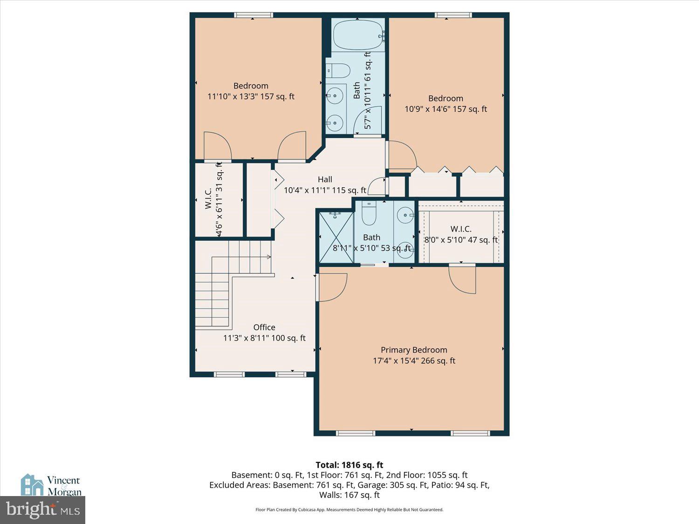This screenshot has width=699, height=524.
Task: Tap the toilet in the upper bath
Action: click(x=338, y=71)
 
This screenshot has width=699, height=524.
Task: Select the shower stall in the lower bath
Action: click(x=336, y=236)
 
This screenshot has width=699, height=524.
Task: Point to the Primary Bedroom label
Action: click(x=414, y=350)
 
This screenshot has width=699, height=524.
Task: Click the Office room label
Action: click(x=264, y=327)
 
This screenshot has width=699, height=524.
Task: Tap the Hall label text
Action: click(x=325, y=179)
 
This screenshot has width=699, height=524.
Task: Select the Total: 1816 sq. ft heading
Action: click(x=349, y=465)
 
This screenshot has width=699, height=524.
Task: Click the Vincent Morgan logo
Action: click(x=51, y=485)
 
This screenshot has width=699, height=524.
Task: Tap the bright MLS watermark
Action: click(x=43, y=510)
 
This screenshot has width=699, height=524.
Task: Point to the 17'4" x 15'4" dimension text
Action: click(x=414, y=361)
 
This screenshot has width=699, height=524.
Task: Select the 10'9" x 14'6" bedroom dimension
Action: click(x=445, y=109)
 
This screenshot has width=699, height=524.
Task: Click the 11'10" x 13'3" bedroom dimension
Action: click(x=251, y=96)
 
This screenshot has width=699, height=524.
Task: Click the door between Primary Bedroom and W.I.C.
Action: click(x=463, y=279)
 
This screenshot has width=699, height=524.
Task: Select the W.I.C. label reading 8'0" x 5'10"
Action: click(x=460, y=235)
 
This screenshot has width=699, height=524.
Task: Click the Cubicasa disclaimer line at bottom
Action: click(x=349, y=510)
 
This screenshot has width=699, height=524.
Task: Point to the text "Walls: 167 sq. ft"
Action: click(x=349, y=495)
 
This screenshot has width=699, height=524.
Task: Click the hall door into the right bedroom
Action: click(x=401, y=155)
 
